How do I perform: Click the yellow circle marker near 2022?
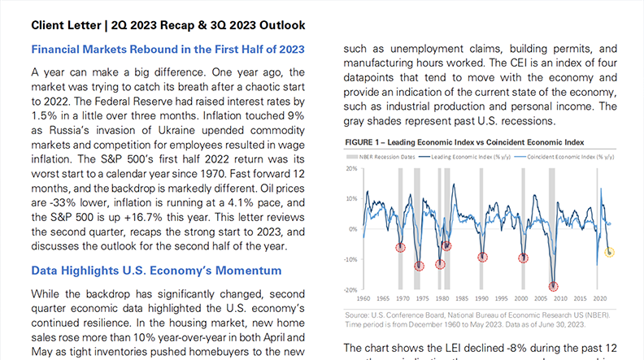(609, 252)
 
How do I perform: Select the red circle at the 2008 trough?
(553, 286)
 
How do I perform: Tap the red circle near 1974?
(419, 266)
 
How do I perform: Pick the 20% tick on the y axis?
(352, 168)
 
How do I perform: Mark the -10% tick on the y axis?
(351, 259)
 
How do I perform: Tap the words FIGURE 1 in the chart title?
(364, 142)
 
